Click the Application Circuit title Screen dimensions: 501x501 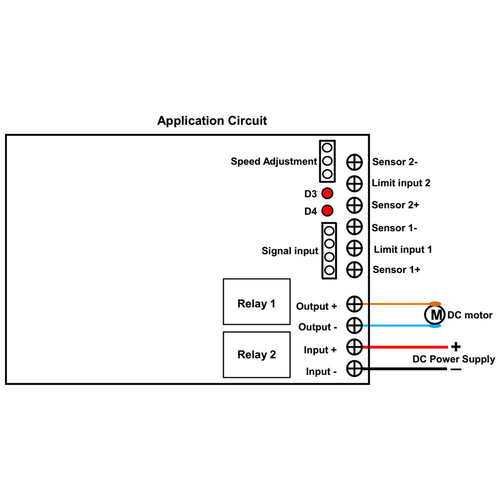click(212, 121)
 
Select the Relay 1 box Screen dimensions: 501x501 click(257, 302)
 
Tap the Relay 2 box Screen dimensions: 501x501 click(257, 355)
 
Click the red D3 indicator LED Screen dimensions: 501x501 click(327, 193)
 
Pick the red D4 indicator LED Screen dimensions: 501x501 click(327, 211)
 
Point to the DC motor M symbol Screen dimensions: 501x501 click(434, 315)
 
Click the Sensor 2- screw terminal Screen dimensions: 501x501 click(354, 162)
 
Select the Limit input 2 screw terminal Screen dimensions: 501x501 click(354, 183)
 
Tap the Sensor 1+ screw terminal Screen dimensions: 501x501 click(354, 269)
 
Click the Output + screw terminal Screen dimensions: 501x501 click(354, 304)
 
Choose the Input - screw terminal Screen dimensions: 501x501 click(354, 369)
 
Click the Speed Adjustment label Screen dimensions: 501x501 click(274, 161)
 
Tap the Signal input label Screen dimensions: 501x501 click(290, 250)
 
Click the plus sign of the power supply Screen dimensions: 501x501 click(455, 346)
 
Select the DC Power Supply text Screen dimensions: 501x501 click(453, 359)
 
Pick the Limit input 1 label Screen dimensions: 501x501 click(402, 249)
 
